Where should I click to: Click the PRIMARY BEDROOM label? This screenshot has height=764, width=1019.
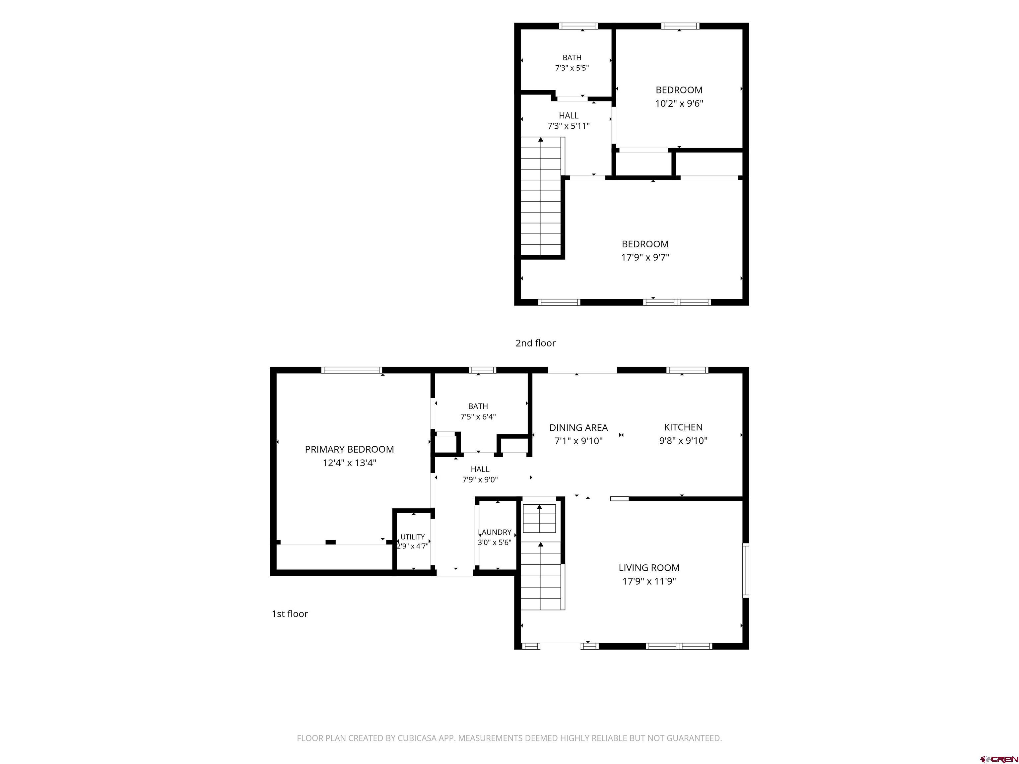pyautogui.click(x=349, y=449)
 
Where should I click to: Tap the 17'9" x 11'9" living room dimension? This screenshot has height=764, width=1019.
pyautogui.click(x=649, y=581)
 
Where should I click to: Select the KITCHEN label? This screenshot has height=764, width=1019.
pyautogui.click(x=683, y=427)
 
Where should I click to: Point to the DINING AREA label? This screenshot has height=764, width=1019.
pyautogui.click(x=578, y=428)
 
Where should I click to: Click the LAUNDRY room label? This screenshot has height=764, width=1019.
pyautogui.click(x=495, y=532)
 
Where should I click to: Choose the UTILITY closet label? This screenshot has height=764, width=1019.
pyautogui.click(x=412, y=537)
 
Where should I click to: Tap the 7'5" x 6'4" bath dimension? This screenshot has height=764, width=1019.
pyautogui.click(x=478, y=417)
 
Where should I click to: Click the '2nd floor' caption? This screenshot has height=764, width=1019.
pyautogui.click(x=535, y=343)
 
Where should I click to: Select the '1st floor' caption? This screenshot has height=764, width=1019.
pyautogui.click(x=290, y=614)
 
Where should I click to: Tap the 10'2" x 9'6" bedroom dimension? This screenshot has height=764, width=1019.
pyautogui.click(x=679, y=103)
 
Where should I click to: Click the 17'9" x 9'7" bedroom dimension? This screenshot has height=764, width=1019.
pyautogui.click(x=645, y=257)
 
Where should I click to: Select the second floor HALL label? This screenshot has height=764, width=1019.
pyautogui.click(x=569, y=116)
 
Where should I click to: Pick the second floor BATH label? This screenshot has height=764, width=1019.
pyautogui.click(x=572, y=58)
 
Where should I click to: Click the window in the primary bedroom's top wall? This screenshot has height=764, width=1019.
pyautogui.click(x=352, y=370)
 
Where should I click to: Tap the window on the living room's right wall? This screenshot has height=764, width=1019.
pyautogui.click(x=745, y=570)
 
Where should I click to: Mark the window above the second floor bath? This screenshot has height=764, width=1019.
pyautogui.click(x=578, y=26)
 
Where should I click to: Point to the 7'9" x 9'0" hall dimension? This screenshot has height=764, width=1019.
pyautogui.click(x=480, y=480)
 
